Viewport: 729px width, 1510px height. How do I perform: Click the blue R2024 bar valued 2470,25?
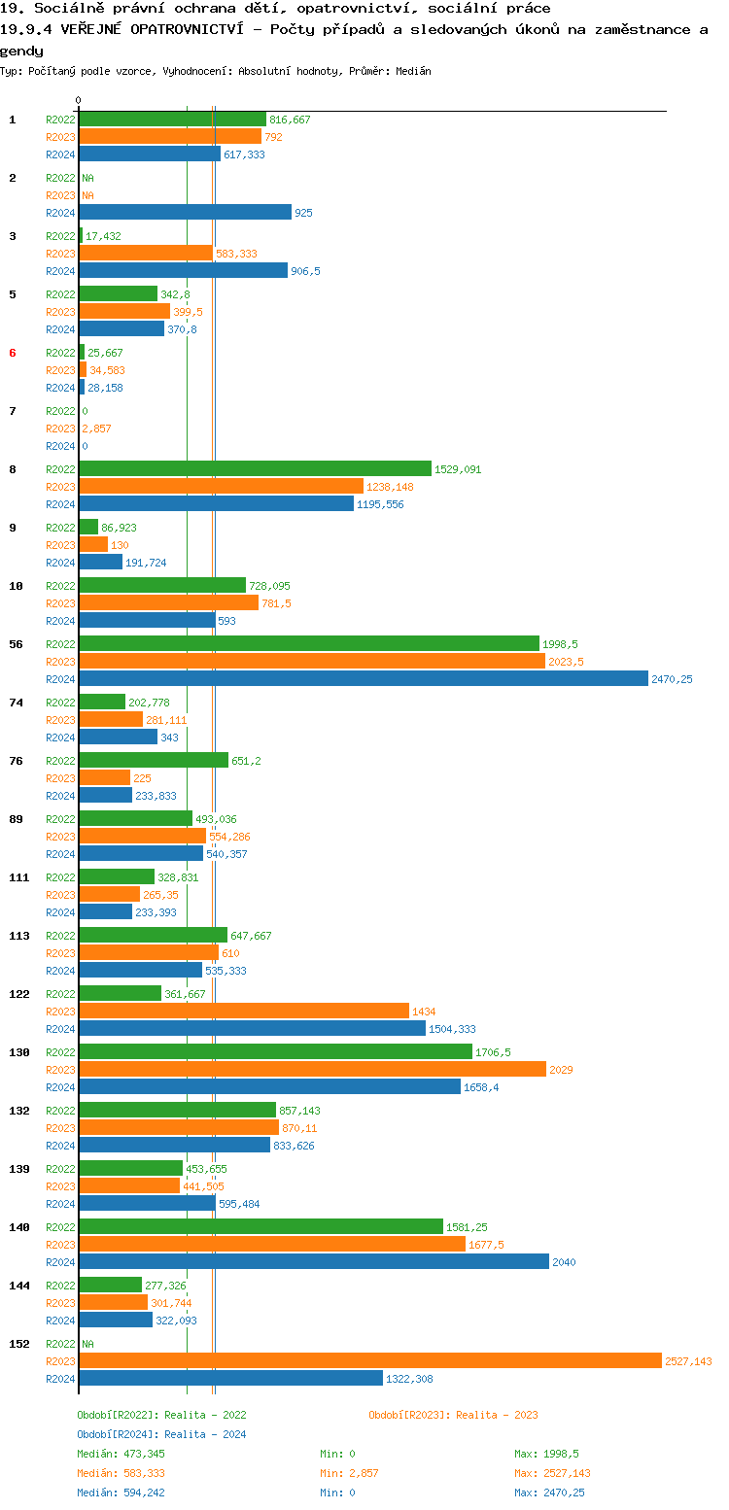coord(363,679)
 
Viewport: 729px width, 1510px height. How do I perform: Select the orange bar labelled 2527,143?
coord(369,1361)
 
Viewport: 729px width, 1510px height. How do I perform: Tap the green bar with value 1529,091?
coord(255,469)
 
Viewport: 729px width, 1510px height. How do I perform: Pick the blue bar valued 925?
coord(185,213)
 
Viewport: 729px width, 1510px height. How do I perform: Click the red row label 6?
coord(13,353)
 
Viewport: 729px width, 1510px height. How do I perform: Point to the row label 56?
coord(16,644)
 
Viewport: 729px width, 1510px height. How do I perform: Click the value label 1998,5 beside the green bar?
coord(561,644)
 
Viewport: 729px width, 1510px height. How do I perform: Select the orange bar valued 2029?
coord(312,1070)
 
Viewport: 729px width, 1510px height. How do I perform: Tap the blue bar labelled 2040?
coord(313,1262)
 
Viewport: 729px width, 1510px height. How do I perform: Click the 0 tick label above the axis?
coord(79,100)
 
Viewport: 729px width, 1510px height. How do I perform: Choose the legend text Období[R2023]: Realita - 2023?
coord(453,1415)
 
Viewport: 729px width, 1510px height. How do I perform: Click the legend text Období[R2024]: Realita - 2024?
coord(161,1434)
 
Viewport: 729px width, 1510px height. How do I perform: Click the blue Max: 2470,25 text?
coord(549,1493)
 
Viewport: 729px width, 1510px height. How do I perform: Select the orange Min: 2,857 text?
coord(349,1473)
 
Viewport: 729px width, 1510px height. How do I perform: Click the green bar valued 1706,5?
coord(275,1052)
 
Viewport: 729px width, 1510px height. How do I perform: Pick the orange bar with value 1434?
coord(244,1012)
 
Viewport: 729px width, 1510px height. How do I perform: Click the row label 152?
coord(19,1344)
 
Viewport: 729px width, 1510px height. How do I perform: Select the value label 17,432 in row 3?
coord(103,236)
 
